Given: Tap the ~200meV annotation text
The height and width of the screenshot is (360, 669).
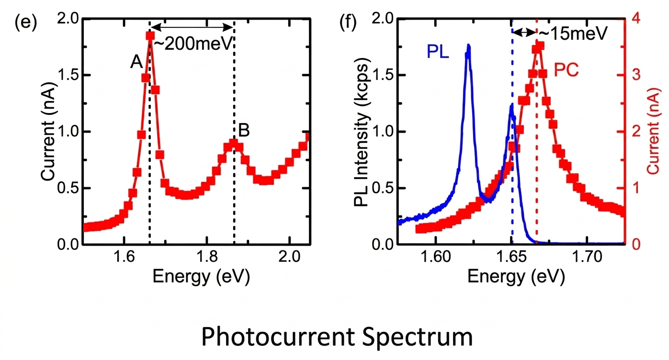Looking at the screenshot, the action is [x=193, y=44].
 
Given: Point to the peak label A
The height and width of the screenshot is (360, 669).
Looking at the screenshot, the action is [x=136, y=62].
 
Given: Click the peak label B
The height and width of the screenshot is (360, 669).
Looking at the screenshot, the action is [x=244, y=130].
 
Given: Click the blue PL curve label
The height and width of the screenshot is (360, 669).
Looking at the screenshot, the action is [x=438, y=51].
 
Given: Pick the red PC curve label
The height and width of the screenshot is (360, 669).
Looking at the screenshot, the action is [x=566, y=70].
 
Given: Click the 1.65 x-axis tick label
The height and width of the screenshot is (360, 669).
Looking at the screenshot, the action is [x=511, y=257].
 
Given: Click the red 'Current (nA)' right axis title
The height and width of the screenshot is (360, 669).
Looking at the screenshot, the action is [x=653, y=131].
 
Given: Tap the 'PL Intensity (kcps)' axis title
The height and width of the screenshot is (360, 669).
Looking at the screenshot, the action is [x=362, y=132].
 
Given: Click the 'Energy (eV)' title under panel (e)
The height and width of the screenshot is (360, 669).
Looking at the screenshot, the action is [x=201, y=277].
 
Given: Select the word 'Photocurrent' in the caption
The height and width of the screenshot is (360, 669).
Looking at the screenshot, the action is [x=278, y=337].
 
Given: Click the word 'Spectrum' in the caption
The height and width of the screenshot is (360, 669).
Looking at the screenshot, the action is [x=418, y=338].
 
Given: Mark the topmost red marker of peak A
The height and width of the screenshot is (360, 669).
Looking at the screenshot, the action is [x=150, y=36].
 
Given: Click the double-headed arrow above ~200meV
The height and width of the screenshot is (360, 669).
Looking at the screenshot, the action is [x=193, y=28].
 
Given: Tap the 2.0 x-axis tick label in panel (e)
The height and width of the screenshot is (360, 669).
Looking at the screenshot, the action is [x=289, y=257].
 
